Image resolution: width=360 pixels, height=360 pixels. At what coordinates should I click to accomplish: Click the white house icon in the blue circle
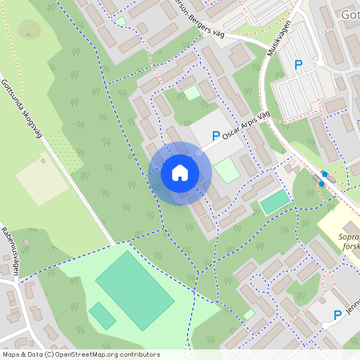point(180,173)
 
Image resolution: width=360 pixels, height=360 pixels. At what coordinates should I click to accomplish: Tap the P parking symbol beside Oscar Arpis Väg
point(215,138)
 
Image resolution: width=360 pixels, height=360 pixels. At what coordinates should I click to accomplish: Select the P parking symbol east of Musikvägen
point(299,65)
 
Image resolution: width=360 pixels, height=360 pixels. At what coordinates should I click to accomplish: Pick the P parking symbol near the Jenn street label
point(338,315)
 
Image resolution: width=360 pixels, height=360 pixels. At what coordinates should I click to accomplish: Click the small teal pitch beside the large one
point(102,314)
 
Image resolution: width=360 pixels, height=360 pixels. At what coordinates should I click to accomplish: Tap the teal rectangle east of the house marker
point(274,202)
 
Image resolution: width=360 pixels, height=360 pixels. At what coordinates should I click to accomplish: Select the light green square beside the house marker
point(227,170)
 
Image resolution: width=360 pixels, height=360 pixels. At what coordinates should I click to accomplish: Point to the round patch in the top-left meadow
point(30,30)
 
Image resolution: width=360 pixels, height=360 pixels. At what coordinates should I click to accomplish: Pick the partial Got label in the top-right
point(349,15)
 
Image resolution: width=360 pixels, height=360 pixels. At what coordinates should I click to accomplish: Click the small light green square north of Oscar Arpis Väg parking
point(192,93)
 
